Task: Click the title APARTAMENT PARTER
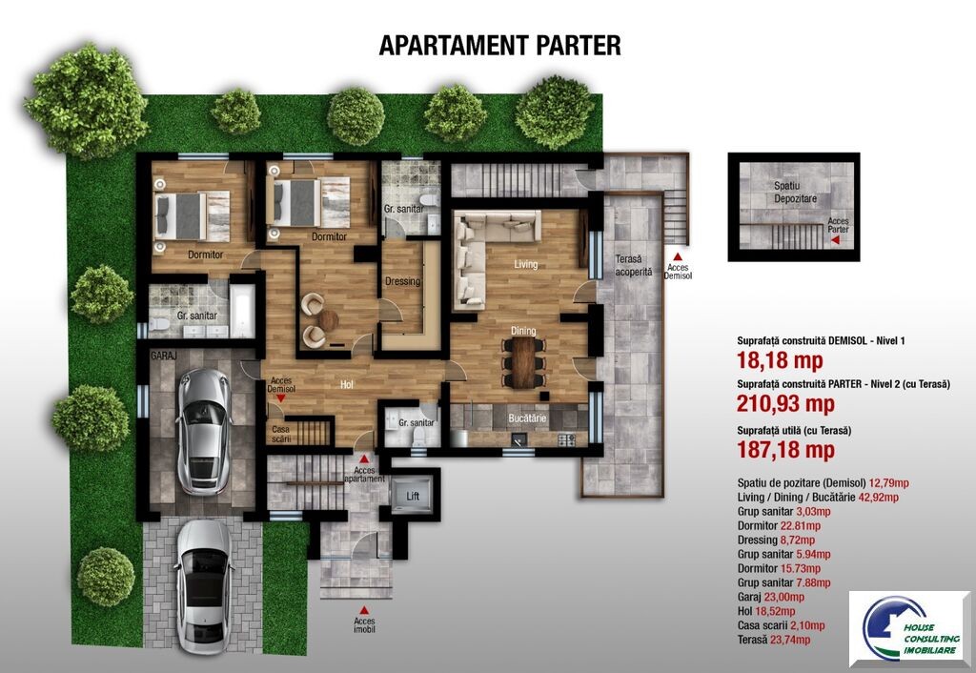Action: (499, 46)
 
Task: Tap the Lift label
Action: (413, 497)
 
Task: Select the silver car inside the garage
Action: (204, 431)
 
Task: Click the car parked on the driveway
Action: (204, 586)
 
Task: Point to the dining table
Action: (523, 361)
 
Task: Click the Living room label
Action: (525, 264)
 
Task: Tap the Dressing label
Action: (403, 281)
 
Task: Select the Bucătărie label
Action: (527, 418)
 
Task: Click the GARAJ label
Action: (164, 356)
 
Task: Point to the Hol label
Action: (347, 385)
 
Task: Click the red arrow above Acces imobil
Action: (364, 611)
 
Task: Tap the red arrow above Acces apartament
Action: (364, 459)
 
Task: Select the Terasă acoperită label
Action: (634, 265)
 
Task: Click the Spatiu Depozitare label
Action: (795, 192)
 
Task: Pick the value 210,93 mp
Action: (785, 404)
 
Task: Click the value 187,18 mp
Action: (785, 450)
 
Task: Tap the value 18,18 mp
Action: (780, 360)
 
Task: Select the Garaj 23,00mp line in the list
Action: (770, 597)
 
